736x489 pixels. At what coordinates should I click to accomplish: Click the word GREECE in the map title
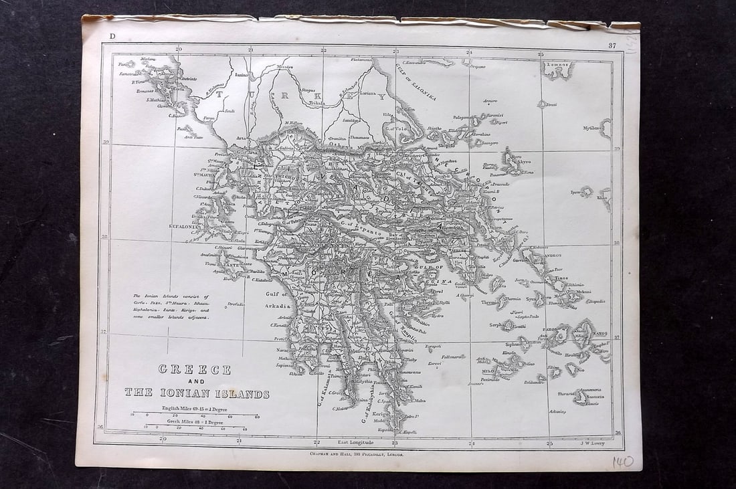[x=195, y=370]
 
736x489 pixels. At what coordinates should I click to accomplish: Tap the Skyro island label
[x=525, y=163]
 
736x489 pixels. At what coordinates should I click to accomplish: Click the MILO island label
[x=488, y=371]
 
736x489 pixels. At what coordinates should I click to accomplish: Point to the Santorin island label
[x=595, y=397]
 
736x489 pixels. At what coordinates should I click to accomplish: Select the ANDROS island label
[x=552, y=256]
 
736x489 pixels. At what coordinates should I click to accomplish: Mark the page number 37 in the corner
[x=612, y=45]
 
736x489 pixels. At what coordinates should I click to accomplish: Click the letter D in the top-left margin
[x=112, y=36]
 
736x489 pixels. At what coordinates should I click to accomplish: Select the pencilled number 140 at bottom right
[x=622, y=462]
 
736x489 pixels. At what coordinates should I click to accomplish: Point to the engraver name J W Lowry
[x=591, y=443]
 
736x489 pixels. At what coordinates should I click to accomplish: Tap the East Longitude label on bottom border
[x=355, y=442]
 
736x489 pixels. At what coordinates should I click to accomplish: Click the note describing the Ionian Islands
[x=171, y=307]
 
